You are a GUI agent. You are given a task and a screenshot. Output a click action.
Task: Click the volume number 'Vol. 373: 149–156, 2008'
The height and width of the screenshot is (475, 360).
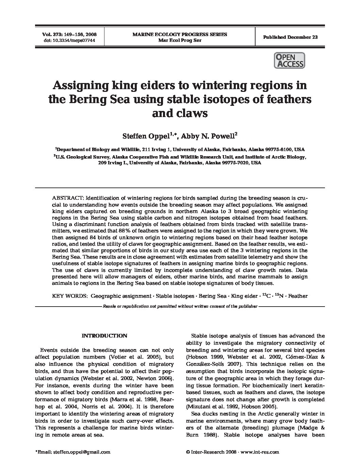[x=69, y=35]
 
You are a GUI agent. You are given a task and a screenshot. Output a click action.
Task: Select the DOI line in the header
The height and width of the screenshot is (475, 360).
[x=69, y=40]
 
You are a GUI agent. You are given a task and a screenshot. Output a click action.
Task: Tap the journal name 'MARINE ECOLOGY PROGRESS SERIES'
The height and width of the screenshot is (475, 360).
[x=180, y=34]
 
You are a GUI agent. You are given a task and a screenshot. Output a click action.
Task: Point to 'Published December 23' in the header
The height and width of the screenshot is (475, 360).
[x=290, y=37]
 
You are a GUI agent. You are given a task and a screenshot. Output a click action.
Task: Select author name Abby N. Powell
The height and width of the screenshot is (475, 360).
[x=208, y=136]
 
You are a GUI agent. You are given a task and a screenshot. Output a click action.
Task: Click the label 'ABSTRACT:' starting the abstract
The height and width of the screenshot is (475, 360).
[x=67, y=198]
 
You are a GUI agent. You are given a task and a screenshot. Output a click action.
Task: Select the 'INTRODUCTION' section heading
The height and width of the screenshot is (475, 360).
[x=104, y=336]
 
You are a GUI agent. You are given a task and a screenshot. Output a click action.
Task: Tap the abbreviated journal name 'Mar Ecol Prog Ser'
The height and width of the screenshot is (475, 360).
[x=180, y=40]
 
